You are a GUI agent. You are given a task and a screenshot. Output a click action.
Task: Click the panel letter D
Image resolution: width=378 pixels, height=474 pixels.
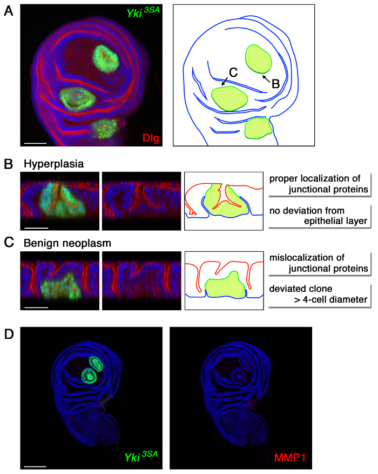click(x=8, y=318)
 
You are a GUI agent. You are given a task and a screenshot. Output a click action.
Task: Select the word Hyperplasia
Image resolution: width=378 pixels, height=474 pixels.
click(x=52, y=162)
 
